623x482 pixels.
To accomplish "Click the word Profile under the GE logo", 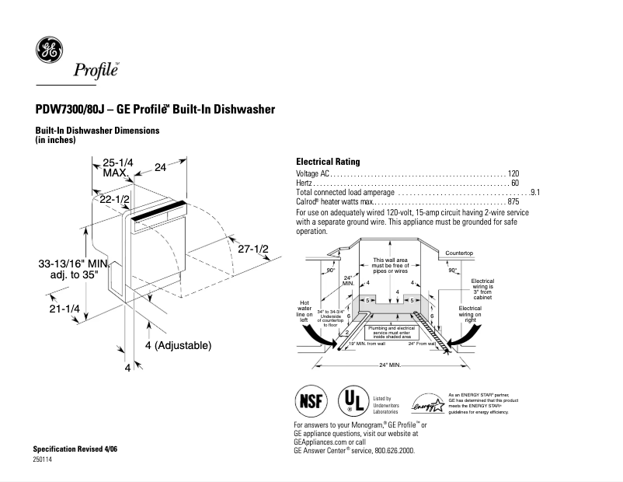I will [96, 71].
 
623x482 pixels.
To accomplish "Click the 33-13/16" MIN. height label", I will [72, 264].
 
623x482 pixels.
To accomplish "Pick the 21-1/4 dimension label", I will [64, 309].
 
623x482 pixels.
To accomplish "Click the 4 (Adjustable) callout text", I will [178, 344].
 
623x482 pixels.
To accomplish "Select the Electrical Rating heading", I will [328, 162].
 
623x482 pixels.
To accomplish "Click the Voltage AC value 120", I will [513, 173].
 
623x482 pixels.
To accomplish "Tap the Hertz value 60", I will [514, 183].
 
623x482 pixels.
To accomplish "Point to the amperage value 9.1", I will [534, 192].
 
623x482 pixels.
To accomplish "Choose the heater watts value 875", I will [513, 201].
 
